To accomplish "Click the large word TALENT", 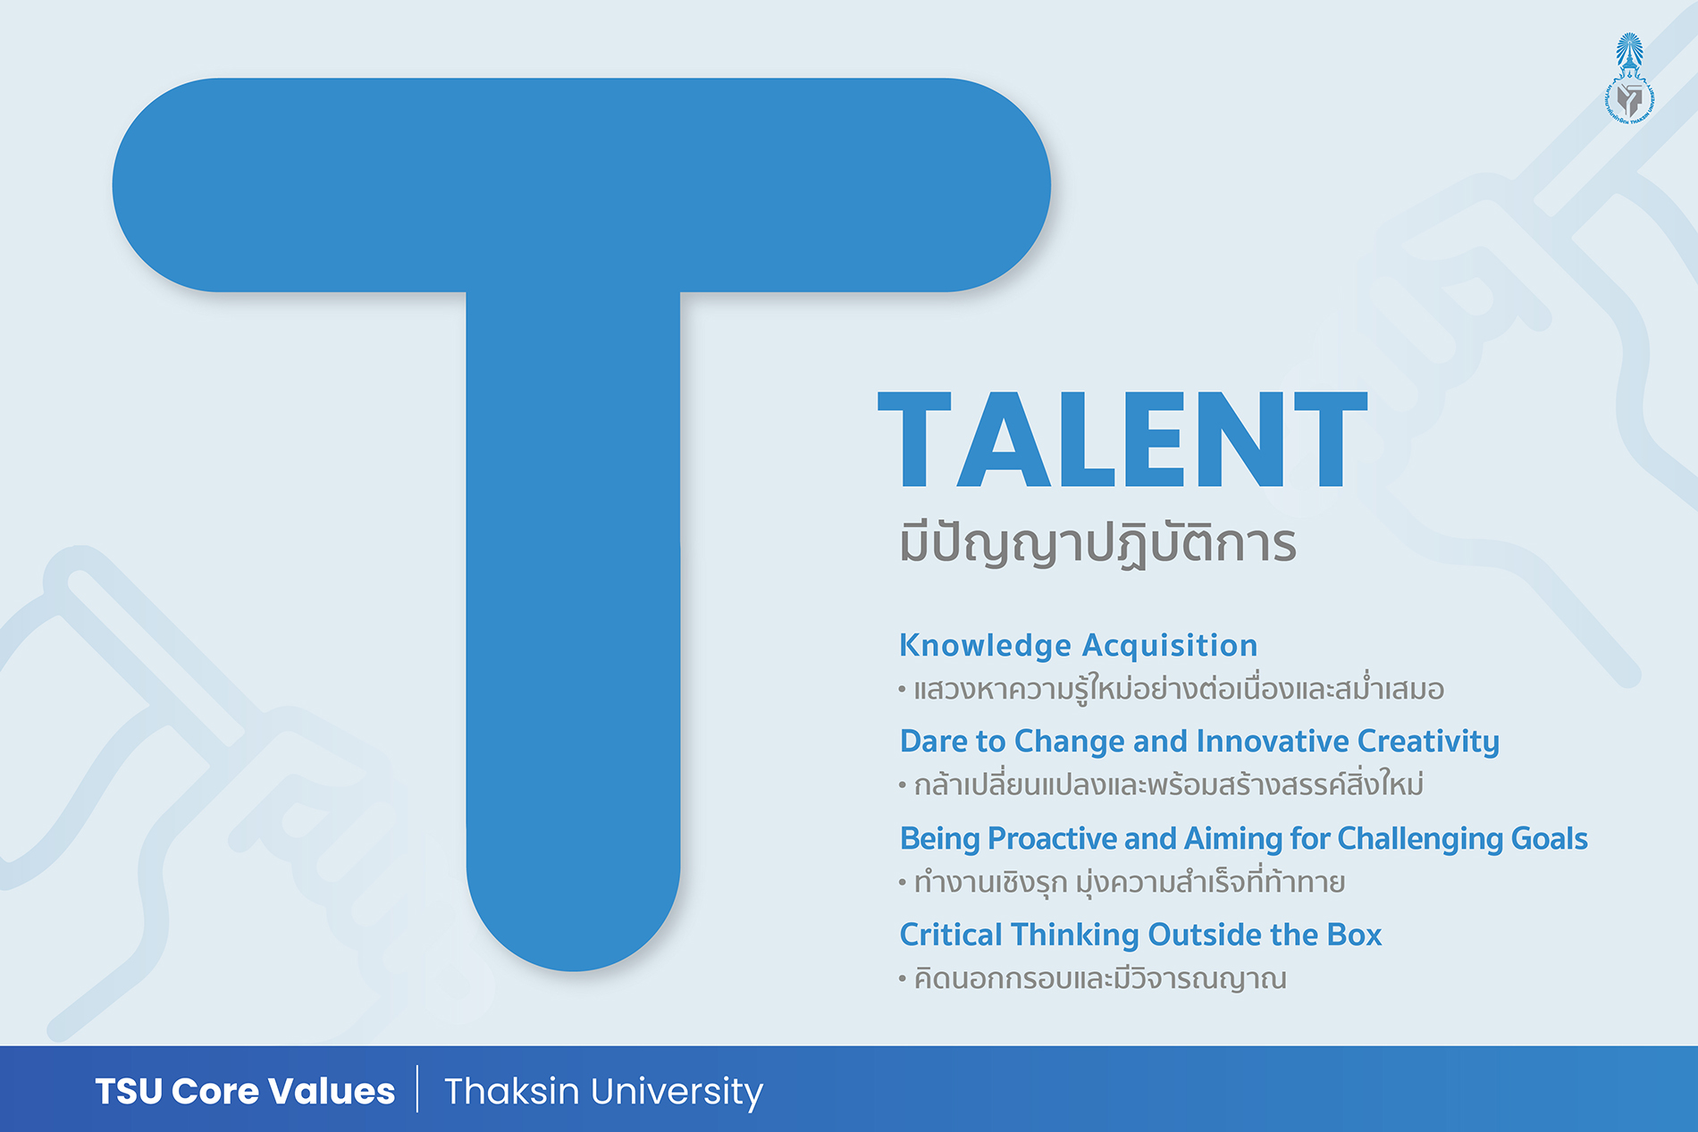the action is click(1122, 440).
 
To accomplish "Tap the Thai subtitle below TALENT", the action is click(1097, 545).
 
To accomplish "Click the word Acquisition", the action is click(1170, 646).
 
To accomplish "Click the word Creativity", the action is click(1428, 742).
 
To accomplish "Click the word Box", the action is click(1354, 935).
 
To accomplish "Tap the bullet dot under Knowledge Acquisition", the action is click(903, 690).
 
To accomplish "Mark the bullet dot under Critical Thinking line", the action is click(903, 979).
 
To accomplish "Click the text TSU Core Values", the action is click(245, 1091).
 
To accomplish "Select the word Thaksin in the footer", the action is click(511, 1091).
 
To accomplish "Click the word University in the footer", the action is click(677, 1093).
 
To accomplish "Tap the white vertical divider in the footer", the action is click(417, 1088).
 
